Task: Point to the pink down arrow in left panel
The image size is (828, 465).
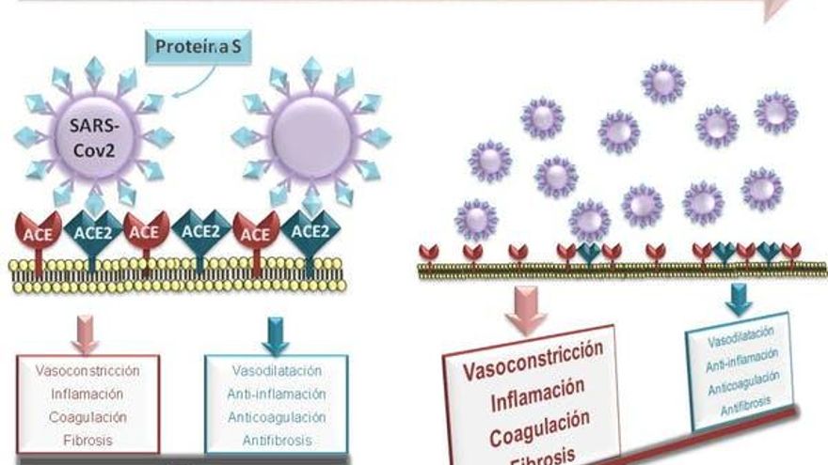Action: click(86, 333)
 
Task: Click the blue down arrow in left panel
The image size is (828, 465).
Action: click(275, 333)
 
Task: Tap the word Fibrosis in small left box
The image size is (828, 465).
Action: click(88, 439)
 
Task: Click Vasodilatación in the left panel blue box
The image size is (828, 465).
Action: click(275, 371)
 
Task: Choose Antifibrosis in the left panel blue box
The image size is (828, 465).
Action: click(275, 440)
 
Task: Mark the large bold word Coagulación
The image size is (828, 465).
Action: click(540, 421)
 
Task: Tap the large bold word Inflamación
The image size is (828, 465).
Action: click(537, 390)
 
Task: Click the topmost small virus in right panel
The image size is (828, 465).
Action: click(663, 82)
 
